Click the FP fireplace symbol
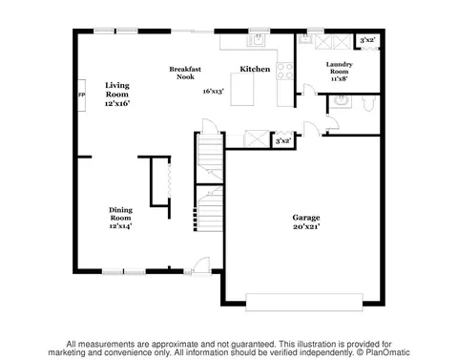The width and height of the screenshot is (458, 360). point(82,95)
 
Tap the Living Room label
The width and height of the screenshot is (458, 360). point(117,90)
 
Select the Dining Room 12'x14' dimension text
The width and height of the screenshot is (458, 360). point(120,226)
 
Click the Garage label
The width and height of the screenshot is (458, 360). point(306,218)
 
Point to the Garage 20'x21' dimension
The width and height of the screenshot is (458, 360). point(306,226)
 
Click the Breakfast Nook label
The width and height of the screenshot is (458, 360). point(185,73)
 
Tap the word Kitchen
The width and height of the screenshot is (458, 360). point(255,69)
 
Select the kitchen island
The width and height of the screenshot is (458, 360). point(242,89)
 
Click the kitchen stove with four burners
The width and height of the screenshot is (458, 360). point(284,71)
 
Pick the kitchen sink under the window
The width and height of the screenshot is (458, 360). point(258,40)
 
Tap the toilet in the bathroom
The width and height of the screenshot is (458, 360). point(368,103)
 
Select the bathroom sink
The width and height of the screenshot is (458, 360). point(341,101)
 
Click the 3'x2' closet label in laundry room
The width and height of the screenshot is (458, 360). point(367,40)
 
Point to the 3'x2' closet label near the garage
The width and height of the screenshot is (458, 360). point(283,140)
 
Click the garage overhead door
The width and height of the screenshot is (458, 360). point(304,302)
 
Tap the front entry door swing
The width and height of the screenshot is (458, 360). point(201,265)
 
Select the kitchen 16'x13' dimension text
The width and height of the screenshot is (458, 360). point(214,92)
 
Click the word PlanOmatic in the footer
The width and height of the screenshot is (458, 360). point(387,352)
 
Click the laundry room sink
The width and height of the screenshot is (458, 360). point(304,39)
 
